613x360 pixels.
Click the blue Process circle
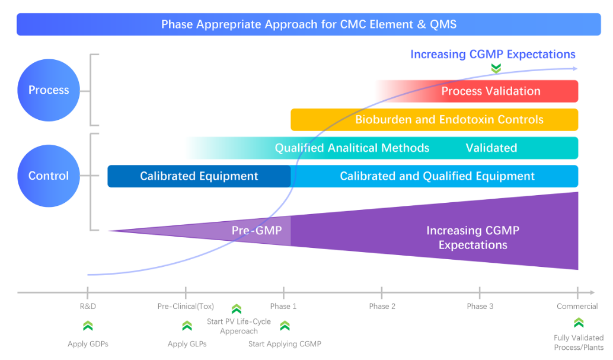tap(49, 90)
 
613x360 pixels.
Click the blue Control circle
tap(49, 176)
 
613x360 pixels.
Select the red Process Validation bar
tap(490, 91)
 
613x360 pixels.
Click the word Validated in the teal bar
tap(491, 148)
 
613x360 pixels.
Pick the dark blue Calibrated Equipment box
tap(199, 176)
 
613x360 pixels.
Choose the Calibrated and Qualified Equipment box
tap(437, 176)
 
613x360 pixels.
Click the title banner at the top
tap(308, 24)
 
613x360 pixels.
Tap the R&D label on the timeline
tap(88, 307)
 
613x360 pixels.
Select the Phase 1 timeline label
tap(283, 307)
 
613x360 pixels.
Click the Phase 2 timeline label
tap(382, 307)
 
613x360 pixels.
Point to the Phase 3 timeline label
tap(480, 307)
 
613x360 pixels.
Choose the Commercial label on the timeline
tap(577, 307)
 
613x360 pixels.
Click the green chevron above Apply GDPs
tap(88, 325)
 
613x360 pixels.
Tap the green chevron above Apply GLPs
tap(187, 325)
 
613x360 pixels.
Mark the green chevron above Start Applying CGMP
tap(285, 325)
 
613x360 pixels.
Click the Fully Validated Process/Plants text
tap(578, 343)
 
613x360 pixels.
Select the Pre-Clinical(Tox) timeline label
tap(186, 307)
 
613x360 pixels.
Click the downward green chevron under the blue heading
tap(496, 69)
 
